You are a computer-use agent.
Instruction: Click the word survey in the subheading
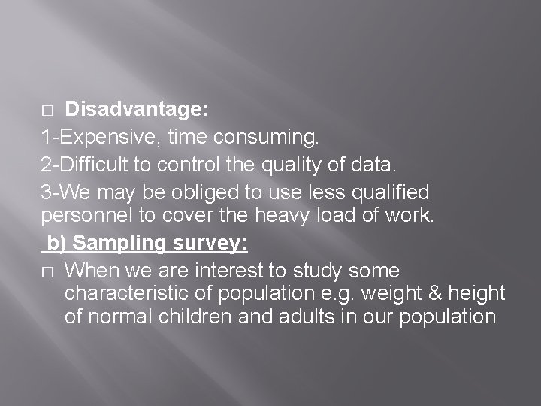pos(212,244)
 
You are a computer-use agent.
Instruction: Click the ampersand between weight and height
pos(425,293)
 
